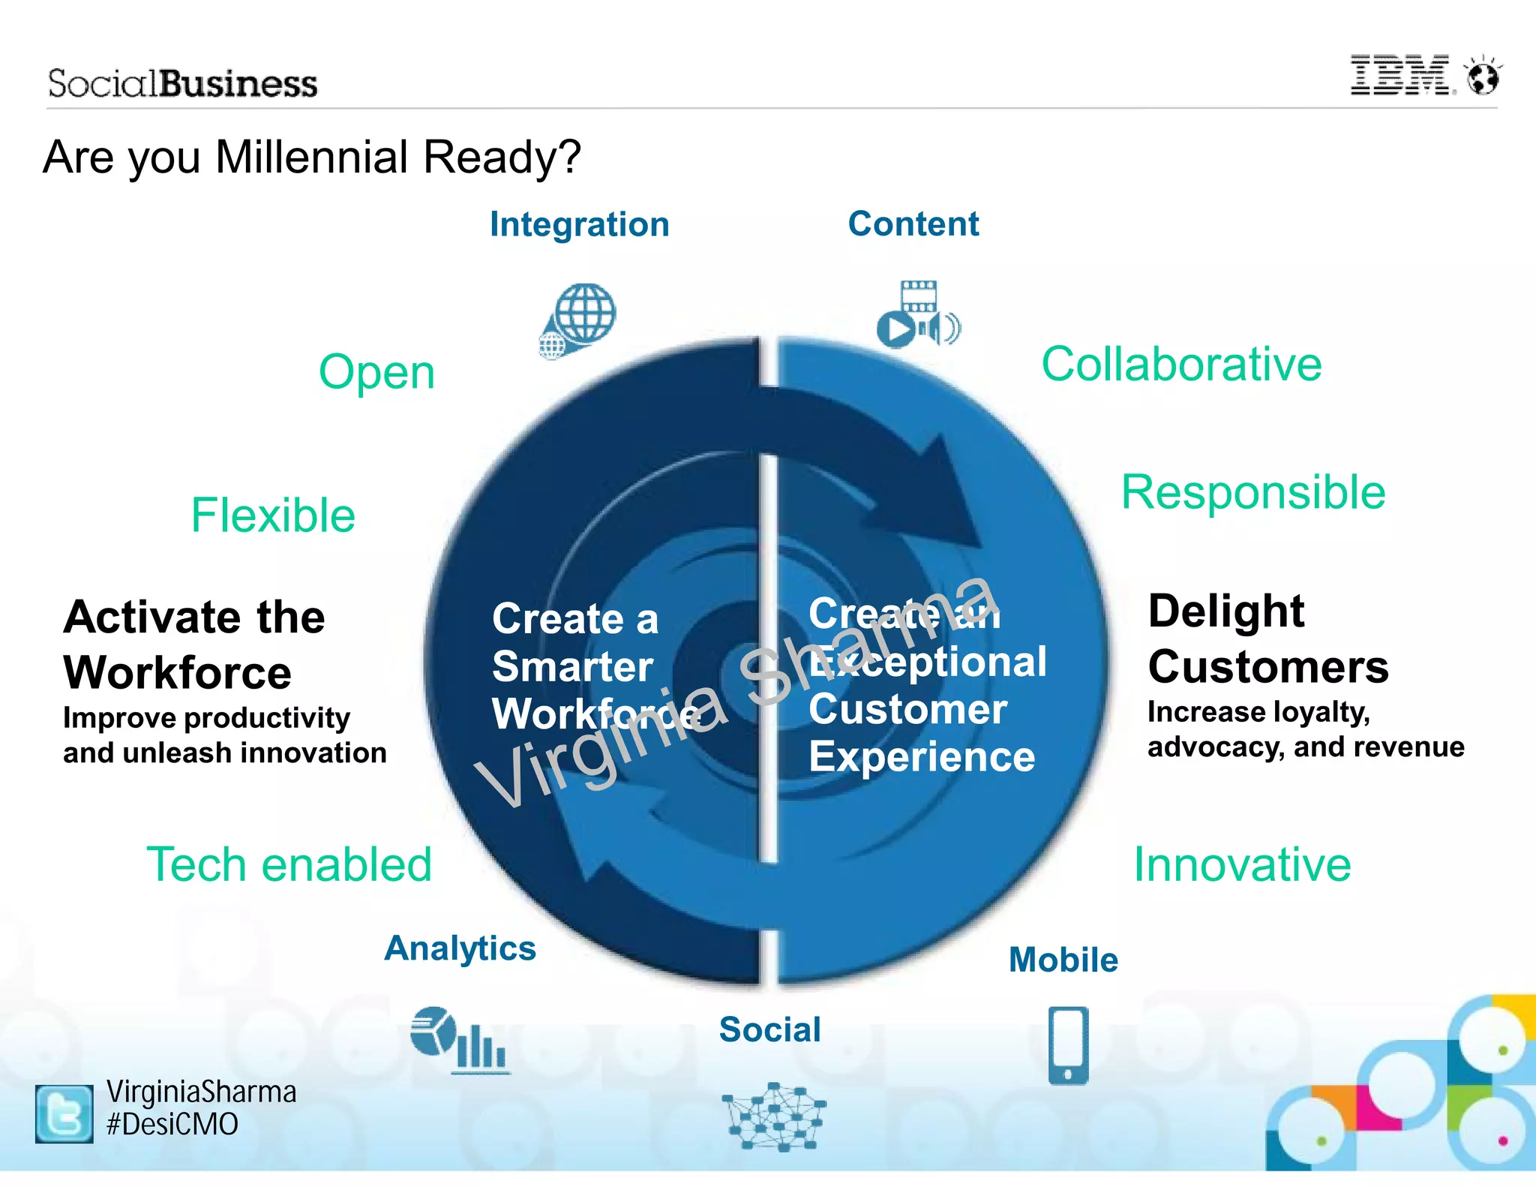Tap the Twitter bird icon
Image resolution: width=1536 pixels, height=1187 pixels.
64,1113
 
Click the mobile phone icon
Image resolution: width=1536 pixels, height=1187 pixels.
1068,1045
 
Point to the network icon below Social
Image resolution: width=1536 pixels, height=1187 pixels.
773,1116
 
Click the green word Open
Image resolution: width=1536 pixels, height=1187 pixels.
376,372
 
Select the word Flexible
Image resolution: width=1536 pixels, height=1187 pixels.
273,515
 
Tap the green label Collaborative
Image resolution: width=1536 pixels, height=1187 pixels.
1181,365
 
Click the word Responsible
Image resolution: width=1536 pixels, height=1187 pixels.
1253,493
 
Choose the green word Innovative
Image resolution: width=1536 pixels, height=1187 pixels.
1242,864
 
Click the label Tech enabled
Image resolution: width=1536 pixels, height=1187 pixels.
289,864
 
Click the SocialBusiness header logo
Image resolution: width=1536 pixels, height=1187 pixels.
182,83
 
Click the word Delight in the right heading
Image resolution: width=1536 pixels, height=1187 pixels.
1226,611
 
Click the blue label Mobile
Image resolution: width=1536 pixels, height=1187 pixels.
1063,960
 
